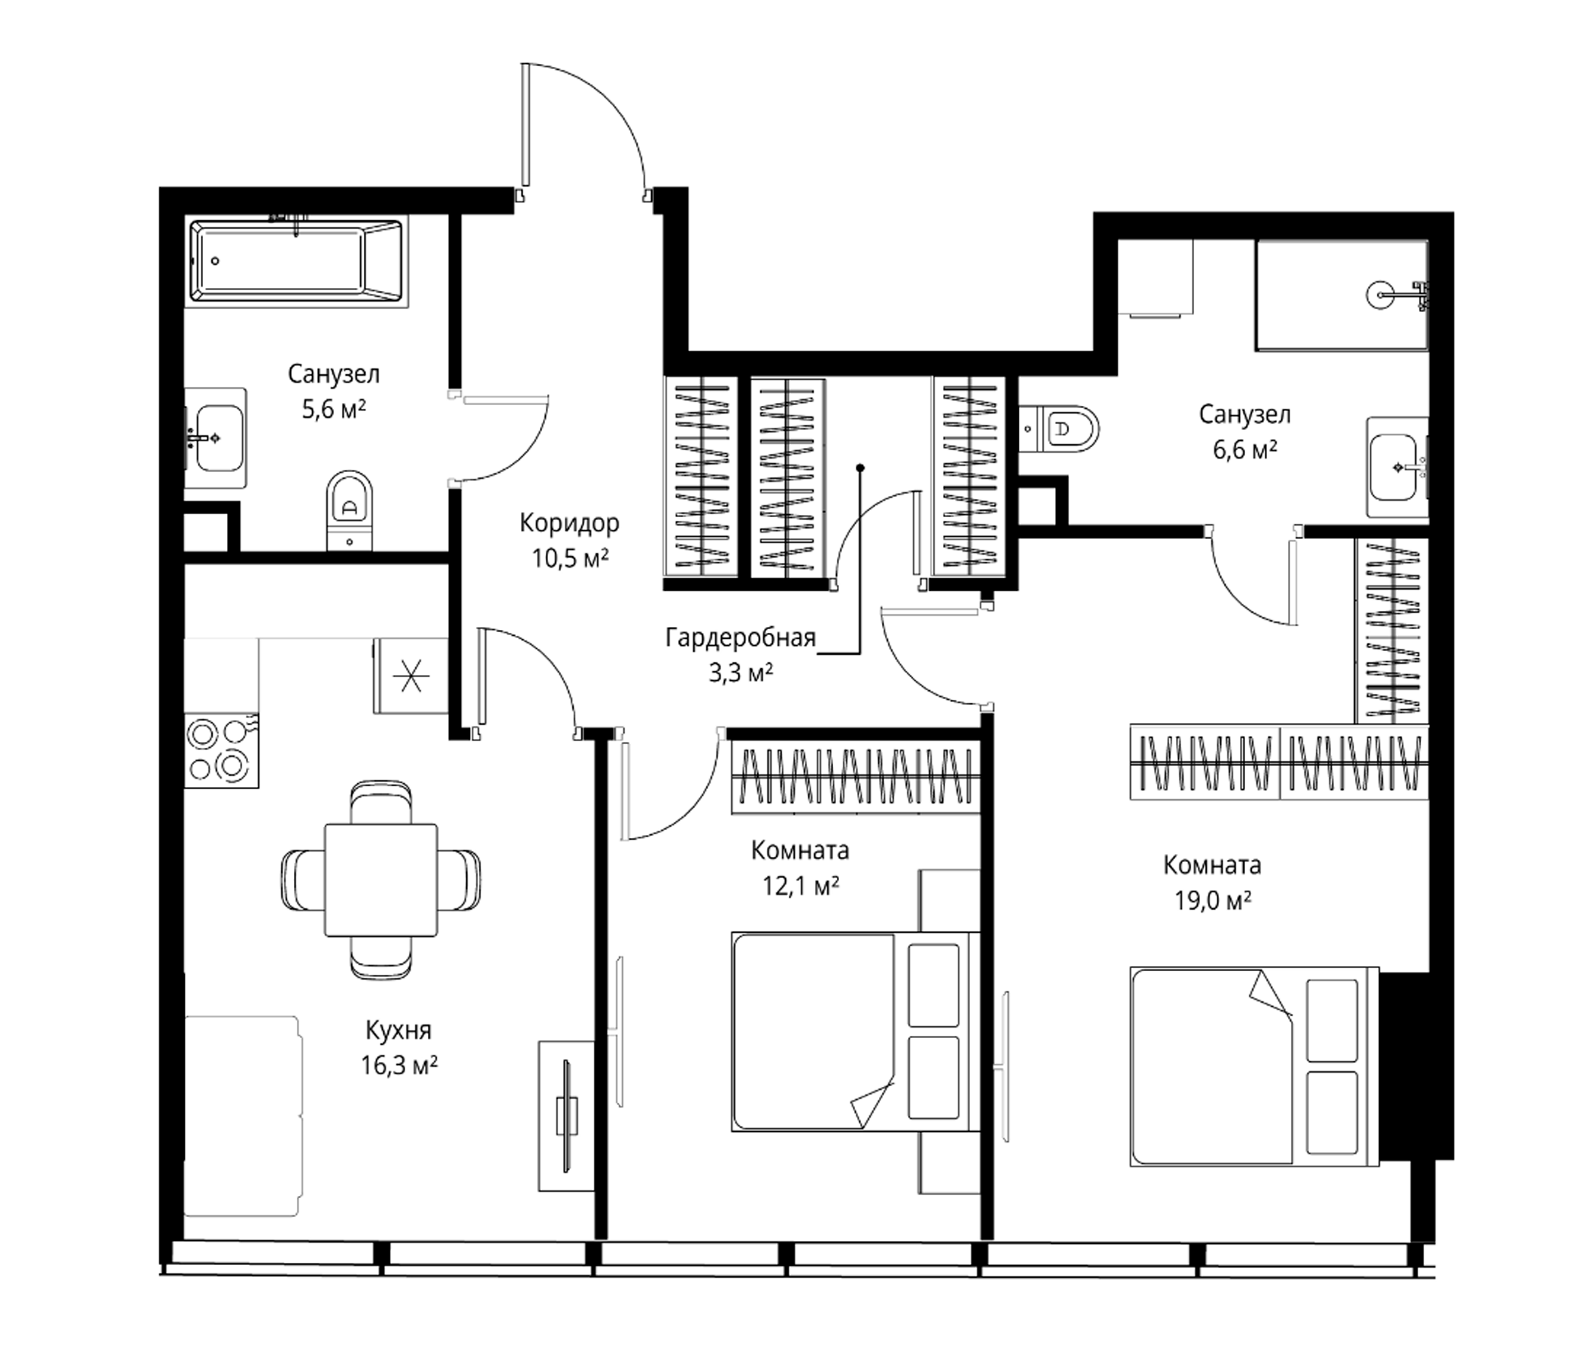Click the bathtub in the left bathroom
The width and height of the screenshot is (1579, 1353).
coord(295,261)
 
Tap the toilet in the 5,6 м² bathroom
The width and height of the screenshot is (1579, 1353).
coord(349,510)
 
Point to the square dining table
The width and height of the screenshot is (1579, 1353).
coord(381,879)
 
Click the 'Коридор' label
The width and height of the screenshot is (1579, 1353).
coord(569,523)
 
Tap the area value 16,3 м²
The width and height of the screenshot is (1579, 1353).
coord(399,1064)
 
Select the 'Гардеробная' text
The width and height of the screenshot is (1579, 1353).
coord(740,637)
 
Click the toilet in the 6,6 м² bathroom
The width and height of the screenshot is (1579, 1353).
coord(1059,429)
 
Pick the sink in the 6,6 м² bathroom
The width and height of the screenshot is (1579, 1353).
coord(1399,467)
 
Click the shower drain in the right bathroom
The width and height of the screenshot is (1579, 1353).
coord(1379,294)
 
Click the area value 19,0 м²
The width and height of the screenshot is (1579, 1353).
coord(1212,901)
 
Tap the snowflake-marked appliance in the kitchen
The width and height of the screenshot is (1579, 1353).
coord(411,676)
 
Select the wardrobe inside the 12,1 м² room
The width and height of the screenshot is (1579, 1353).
coord(855,777)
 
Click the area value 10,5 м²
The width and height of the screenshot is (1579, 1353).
coord(570,559)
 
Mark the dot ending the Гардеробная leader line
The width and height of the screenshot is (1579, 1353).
coord(859,468)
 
